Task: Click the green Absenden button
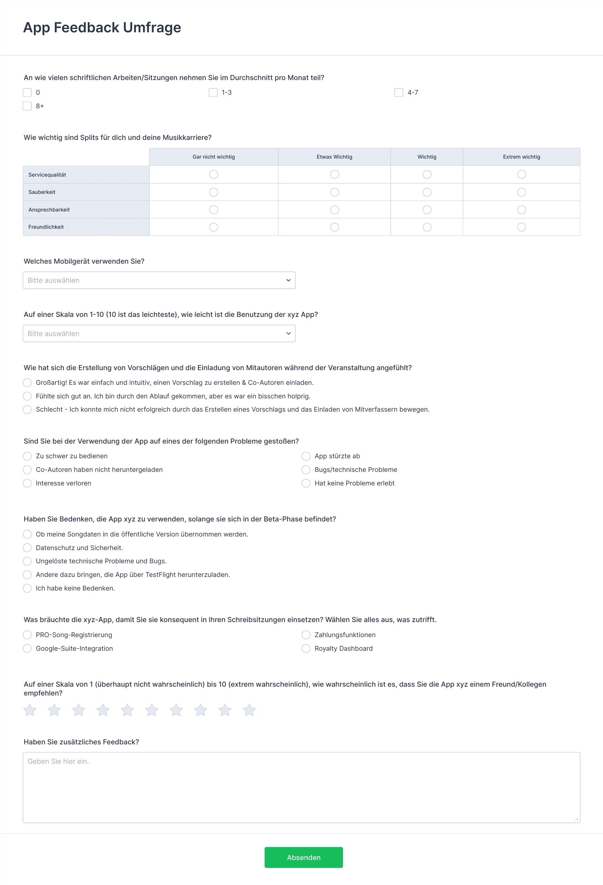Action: (303, 857)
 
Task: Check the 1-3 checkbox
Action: (213, 93)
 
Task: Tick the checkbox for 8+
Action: (27, 106)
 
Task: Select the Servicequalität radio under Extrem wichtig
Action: (521, 174)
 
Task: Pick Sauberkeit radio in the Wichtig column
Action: (427, 192)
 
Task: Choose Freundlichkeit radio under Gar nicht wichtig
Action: (213, 227)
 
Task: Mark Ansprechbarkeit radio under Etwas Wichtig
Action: (335, 210)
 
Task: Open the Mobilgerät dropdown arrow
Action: (288, 280)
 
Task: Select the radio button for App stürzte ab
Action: (306, 456)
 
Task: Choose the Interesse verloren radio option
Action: (27, 483)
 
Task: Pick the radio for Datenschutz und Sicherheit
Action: (27, 548)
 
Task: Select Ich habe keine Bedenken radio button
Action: (27, 588)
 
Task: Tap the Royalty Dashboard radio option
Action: (306, 649)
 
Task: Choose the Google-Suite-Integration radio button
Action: (27, 649)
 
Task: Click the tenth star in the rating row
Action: (249, 710)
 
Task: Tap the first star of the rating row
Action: (30, 710)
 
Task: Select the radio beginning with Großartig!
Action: (27, 383)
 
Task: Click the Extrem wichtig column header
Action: (521, 157)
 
